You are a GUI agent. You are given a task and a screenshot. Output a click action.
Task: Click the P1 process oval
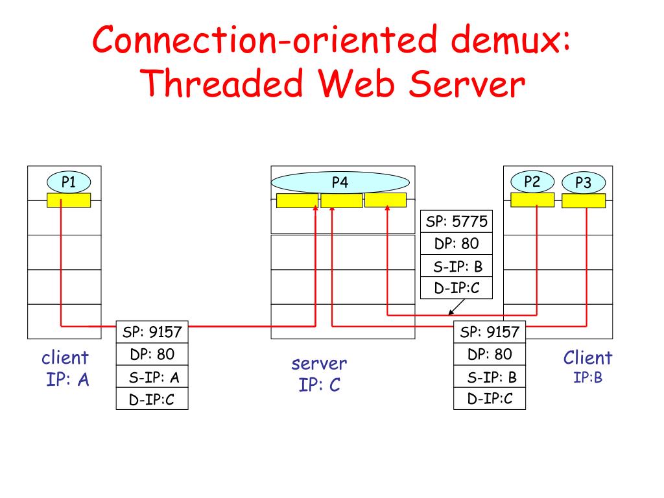pos(69,182)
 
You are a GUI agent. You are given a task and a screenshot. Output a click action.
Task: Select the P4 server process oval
pos(340,182)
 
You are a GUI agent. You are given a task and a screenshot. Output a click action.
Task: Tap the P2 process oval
pos(532,182)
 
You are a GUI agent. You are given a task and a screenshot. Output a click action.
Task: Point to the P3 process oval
pos(584,183)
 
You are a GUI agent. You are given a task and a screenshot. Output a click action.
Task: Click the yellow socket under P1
pos(69,200)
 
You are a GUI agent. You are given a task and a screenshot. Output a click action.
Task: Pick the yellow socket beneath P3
pos(584,201)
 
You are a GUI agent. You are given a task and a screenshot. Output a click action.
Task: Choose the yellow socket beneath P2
pos(532,200)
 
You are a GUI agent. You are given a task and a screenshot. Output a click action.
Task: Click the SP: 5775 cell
pos(456,221)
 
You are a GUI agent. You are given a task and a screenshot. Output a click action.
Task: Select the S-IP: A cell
pos(152,377)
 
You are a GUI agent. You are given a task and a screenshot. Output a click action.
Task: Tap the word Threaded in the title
pos(221,84)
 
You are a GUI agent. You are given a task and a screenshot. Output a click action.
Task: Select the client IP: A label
pos(65,368)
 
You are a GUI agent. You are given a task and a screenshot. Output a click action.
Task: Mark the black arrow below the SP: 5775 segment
pos(456,307)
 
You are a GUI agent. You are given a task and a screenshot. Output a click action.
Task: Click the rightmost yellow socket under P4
pos(385,200)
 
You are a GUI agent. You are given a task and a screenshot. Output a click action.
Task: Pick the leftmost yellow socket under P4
pos(297,200)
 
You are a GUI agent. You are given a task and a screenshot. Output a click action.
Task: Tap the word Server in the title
pos(467,84)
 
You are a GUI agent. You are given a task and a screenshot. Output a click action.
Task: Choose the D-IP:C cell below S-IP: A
pos(152,399)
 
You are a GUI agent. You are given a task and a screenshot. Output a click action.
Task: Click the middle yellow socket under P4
pos(341,200)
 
